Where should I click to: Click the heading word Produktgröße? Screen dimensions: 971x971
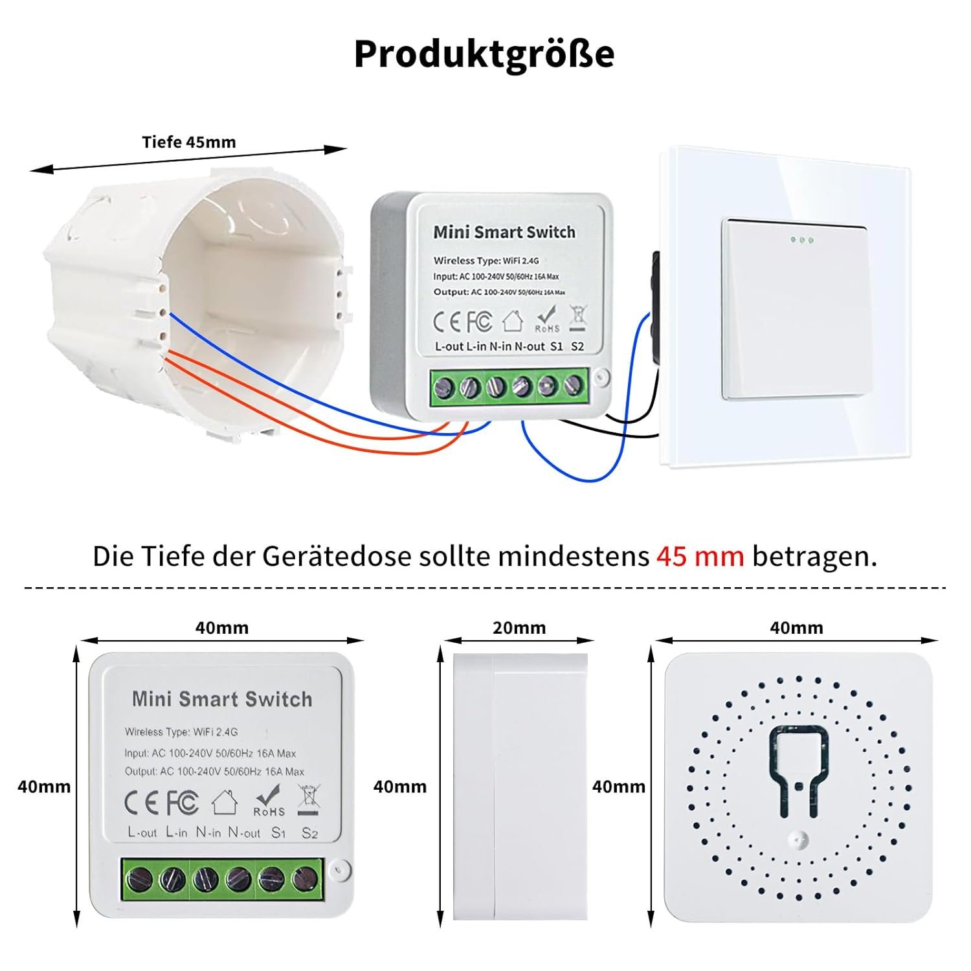click(x=484, y=54)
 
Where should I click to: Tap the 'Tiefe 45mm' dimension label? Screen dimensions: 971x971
click(x=189, y=142)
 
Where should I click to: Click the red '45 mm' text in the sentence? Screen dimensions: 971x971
click(x=700, y=556)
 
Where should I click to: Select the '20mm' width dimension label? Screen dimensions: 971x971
click(x=519, y=628)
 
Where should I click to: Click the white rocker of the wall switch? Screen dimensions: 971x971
click(x=793, y=309)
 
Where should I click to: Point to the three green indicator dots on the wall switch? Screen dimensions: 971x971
click(x=801, y=240)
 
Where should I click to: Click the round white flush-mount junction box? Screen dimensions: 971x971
click(x=194, y=304)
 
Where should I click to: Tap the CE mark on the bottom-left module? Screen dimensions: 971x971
click(x=141, y=803)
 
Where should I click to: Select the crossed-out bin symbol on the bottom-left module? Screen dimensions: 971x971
click(x=308, y=799)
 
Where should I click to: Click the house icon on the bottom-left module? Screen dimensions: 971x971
click(x=224, y=803)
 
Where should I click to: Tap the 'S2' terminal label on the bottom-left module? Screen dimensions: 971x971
click(x=309, y=833)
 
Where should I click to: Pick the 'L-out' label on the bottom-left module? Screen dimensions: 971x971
click(x=142, y=832)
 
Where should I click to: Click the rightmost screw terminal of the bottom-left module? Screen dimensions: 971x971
click(x=302, y=878)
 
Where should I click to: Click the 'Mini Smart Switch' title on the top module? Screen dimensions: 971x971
click(x=504, y=232)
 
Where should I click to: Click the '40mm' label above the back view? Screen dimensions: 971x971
click(x=796, y=628)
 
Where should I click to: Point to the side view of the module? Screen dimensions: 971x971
click(x=520, y=787)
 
